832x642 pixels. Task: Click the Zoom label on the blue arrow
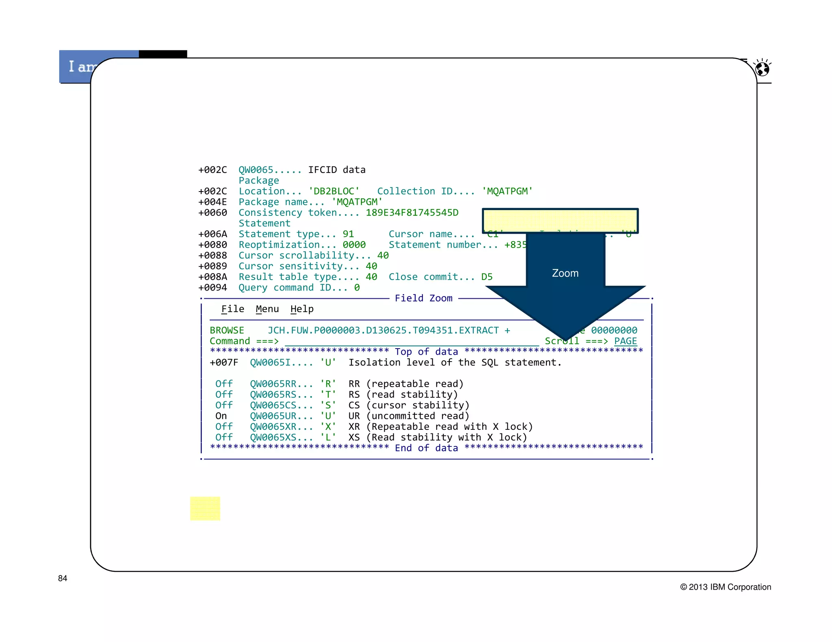(x=565, y=273)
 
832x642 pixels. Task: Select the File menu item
(x=232, y=309)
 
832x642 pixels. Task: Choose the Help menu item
(x=302, y=309)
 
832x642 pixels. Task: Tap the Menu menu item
(x=267, y=309)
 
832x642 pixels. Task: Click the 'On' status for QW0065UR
(x=221, y=416)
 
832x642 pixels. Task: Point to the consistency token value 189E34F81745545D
(x=412, y=213)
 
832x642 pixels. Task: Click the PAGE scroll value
(x=625, y=341)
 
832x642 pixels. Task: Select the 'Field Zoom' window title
(x=423, y=298)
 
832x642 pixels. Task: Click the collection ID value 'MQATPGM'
(x=507, y=191)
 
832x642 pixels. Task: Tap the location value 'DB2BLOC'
(x=334, y=191)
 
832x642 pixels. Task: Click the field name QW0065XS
(x=273, y=437)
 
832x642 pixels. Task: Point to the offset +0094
(x=212, y=288)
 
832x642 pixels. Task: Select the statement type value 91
(x=348, y=234)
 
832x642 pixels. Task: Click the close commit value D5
(x=487, y=277)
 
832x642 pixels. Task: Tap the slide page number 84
(x=63, y=578)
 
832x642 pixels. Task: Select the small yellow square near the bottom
(x=205, y=508)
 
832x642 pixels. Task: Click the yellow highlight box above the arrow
(x=560, y=220)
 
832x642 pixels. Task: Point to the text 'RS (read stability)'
(x=403, y=394)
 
